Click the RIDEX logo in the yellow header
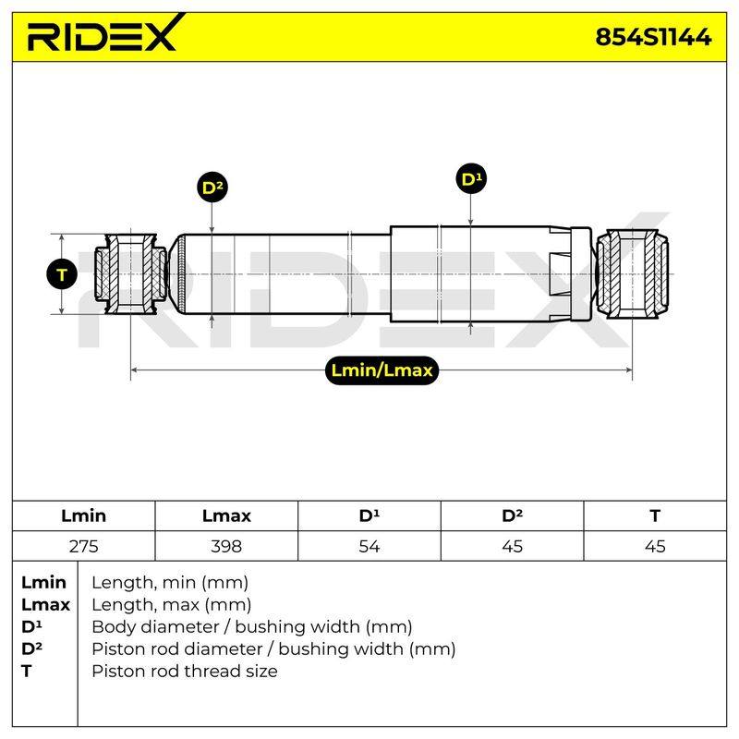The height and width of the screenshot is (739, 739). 105,34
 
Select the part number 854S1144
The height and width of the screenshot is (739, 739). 653,37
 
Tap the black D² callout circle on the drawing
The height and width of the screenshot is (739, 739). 212,187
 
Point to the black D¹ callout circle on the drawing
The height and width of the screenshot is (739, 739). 471,179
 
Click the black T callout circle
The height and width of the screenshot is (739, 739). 62,274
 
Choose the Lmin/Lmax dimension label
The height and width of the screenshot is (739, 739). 382,370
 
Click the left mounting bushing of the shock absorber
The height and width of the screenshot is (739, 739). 130,273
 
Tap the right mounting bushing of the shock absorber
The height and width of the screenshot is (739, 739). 632,273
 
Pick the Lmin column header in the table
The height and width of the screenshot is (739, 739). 83,515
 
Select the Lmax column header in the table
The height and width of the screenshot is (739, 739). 226,515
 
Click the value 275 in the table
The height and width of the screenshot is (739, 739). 83,546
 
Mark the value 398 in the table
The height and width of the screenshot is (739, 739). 226,546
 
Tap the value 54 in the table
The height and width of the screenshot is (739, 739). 369,546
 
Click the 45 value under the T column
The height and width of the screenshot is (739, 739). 655,546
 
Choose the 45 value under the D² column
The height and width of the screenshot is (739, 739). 512,546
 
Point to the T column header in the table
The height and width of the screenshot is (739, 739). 655,515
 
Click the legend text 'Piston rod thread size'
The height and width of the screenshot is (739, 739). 184,672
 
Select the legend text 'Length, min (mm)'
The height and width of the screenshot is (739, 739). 170,583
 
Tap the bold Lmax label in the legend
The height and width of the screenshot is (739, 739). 45,605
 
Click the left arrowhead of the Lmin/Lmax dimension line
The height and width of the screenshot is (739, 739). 134,370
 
